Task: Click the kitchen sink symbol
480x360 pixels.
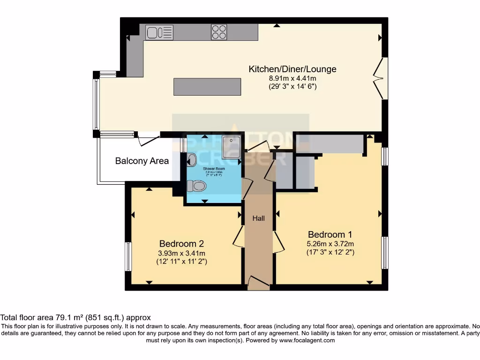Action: [x=159, y=32]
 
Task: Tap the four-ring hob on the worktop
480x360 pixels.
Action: [x=219, y=32]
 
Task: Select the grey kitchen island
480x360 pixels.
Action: [x=207, y=87]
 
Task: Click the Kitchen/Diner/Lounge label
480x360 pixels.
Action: [x=292, y=69]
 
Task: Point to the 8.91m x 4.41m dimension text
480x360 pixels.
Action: [x=292, y=78]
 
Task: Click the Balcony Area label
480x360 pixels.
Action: [x=142, y=161]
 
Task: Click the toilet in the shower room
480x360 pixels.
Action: [x=196, y=187]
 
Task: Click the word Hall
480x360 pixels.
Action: [x=259, y=218]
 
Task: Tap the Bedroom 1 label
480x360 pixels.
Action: [x=330, y=234]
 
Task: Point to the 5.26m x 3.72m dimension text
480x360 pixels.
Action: [x=330, y=243]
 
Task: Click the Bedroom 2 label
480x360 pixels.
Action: [x=181, y=244]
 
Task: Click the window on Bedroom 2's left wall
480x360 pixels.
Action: [x=128, y=256]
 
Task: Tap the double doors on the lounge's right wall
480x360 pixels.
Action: [x=381, y=78]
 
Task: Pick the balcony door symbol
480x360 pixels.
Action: [x=148, y=139]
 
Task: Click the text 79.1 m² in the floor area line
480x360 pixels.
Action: [x=68, y=317]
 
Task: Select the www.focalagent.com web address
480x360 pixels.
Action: [x=307, y=341]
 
